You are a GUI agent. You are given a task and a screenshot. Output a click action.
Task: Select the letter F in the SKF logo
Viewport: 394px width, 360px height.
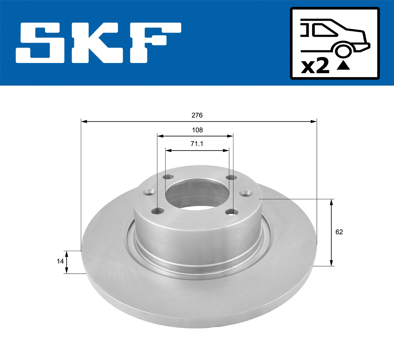point(154,43)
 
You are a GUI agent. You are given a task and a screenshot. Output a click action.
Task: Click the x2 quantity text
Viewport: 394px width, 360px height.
point(315,67)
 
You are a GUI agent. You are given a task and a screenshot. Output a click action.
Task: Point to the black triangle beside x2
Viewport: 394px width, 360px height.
point(343,66)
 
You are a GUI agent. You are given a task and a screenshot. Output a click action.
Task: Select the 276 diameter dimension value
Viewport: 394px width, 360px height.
point(197,115)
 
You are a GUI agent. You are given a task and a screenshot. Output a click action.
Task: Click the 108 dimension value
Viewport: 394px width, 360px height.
point(197,130)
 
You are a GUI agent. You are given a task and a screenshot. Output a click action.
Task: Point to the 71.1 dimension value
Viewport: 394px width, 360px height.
point(197,144)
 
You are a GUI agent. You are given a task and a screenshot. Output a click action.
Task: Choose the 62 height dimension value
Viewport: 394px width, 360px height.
point(339,232)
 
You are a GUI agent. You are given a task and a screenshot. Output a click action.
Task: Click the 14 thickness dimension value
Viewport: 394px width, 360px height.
point(60,261)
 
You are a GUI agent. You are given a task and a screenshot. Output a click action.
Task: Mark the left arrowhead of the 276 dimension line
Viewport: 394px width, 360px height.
point(84,122)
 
